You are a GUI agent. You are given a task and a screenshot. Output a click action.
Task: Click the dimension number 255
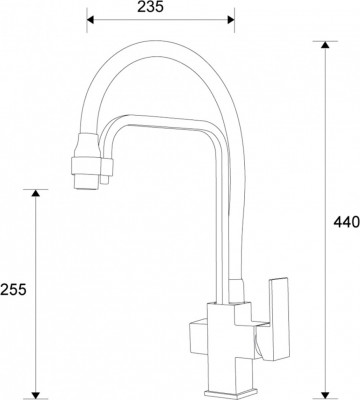(x=14, y=289)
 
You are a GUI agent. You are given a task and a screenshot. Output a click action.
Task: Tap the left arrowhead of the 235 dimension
(x=91, y=19)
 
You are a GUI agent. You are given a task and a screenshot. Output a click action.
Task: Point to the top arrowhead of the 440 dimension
(x=325, y=45)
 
